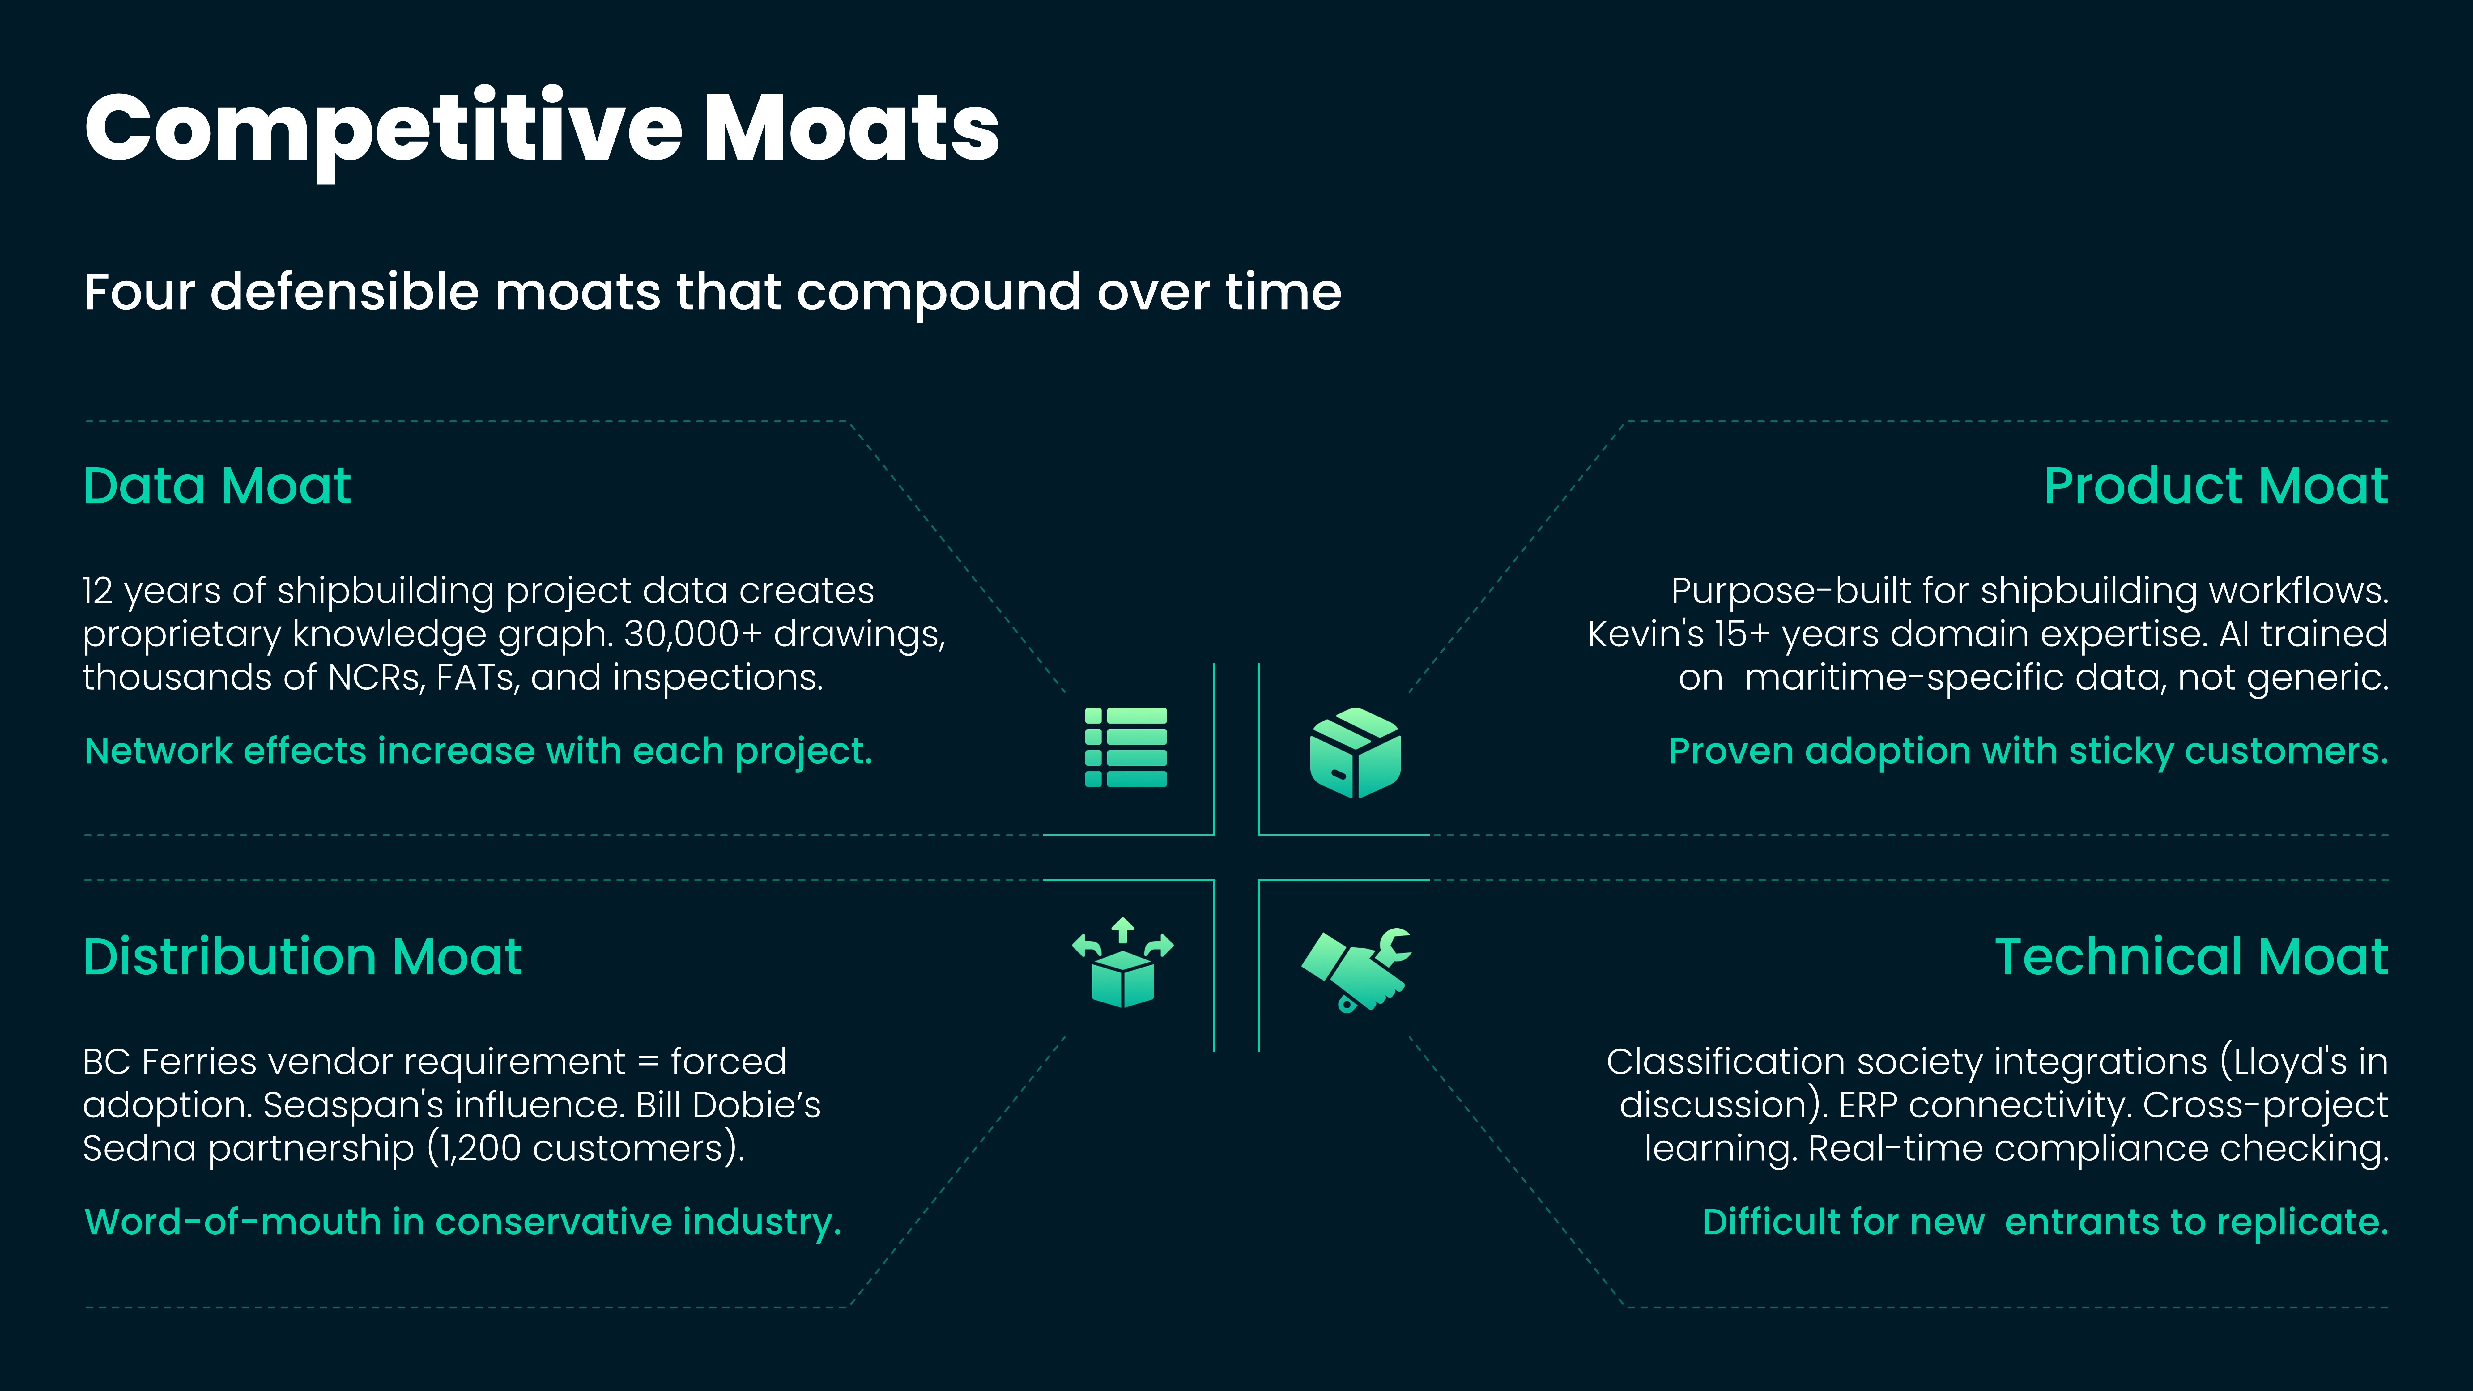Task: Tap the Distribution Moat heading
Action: (302, 957)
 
